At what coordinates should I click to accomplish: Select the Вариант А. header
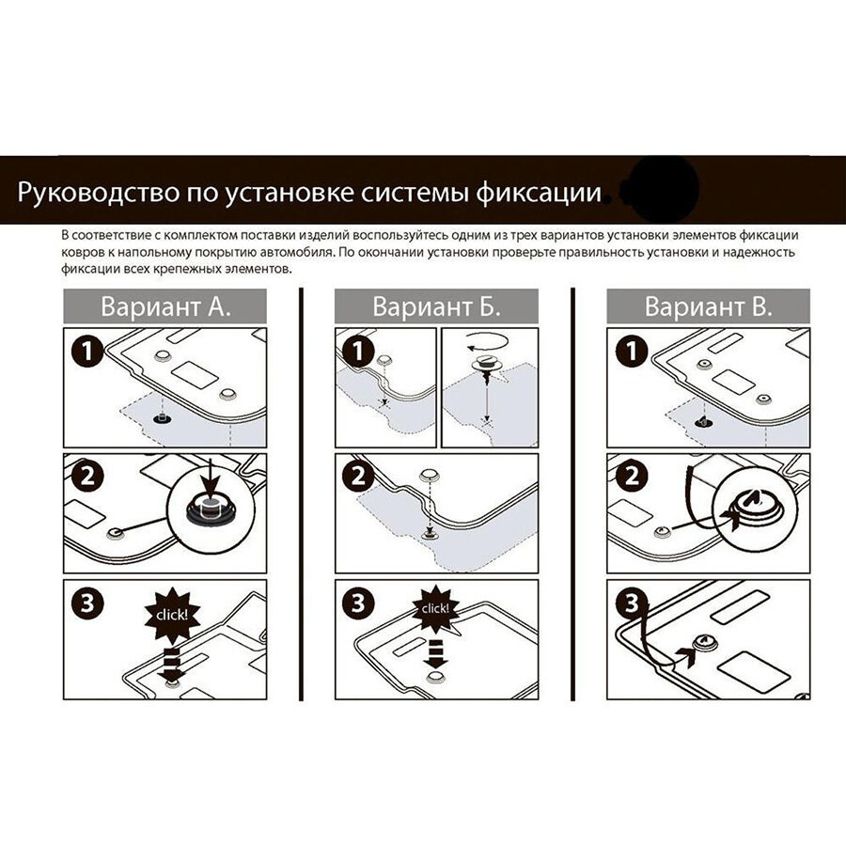click(x=165, y=306)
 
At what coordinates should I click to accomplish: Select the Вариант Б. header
click(x=436, y=306)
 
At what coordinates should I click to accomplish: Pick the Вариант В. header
click(x=709, y=306)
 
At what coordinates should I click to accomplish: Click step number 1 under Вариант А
click(x=87, y=352)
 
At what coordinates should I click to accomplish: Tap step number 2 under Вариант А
click(x=87, y=477)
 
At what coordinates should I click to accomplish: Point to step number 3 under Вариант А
click(x=87, y=603)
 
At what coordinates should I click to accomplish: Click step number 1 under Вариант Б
click(x=358, y=352)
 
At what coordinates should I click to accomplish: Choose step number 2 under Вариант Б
click(x=358, y=477)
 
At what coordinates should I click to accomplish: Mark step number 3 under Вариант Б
click(x=358, y=603)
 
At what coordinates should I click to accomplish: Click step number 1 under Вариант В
click(x=631, y=352)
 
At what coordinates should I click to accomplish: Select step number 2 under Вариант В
click(x=631, y=477)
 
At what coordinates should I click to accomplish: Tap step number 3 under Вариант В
click(x=631, y=603)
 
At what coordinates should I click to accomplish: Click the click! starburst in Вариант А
click(x=172, y=615)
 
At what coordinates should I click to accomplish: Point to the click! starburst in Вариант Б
click(x=436, y=609)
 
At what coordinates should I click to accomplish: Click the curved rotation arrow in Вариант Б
click(x=488, y=341)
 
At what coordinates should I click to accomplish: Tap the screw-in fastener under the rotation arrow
click(x=487, y=368)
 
